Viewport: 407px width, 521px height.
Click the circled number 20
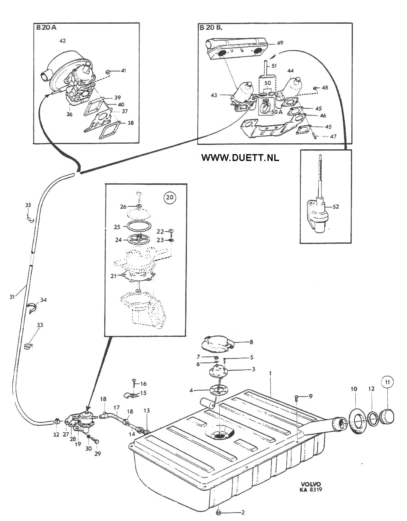click(169, 197)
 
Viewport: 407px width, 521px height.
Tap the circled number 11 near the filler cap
click(387, 382)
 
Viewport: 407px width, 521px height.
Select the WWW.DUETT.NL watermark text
click(240, 157)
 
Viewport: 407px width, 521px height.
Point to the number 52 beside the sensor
click(336, 206)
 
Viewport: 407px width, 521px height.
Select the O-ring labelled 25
click(139, 226)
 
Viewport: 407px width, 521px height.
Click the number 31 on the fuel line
click(12, 297)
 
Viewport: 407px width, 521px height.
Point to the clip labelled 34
click(31, 307)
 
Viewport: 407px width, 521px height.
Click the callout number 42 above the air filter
click(63, 41)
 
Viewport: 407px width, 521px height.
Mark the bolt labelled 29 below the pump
click(95, 440)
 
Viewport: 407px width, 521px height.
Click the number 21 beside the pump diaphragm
click(113, 276)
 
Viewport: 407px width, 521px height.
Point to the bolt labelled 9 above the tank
click(297, 399)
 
